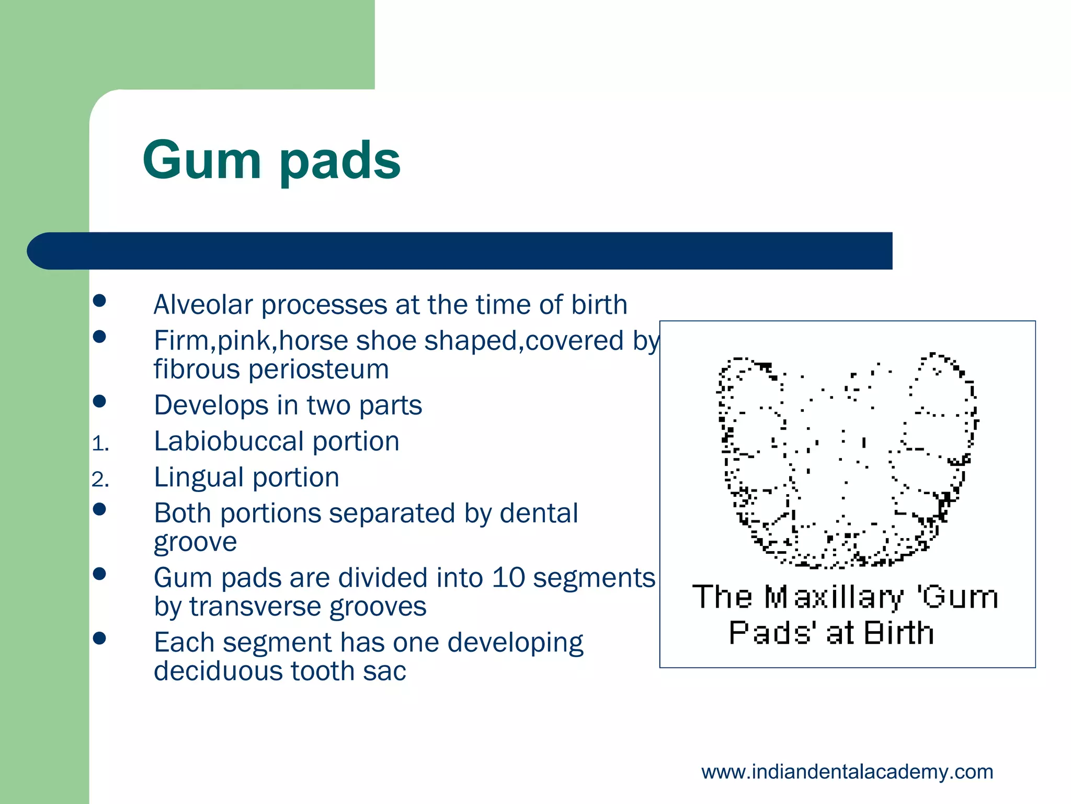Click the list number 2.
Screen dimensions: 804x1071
pos(100,480)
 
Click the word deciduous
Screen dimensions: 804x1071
pos(218,671)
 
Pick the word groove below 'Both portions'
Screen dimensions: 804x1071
pos(195,543)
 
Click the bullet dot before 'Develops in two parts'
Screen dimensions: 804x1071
pos(99,401)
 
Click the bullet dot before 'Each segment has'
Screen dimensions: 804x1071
pos(99,638)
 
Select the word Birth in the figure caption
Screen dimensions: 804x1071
pos(898,633)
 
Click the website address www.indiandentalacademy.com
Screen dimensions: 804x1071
pos(847,772)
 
